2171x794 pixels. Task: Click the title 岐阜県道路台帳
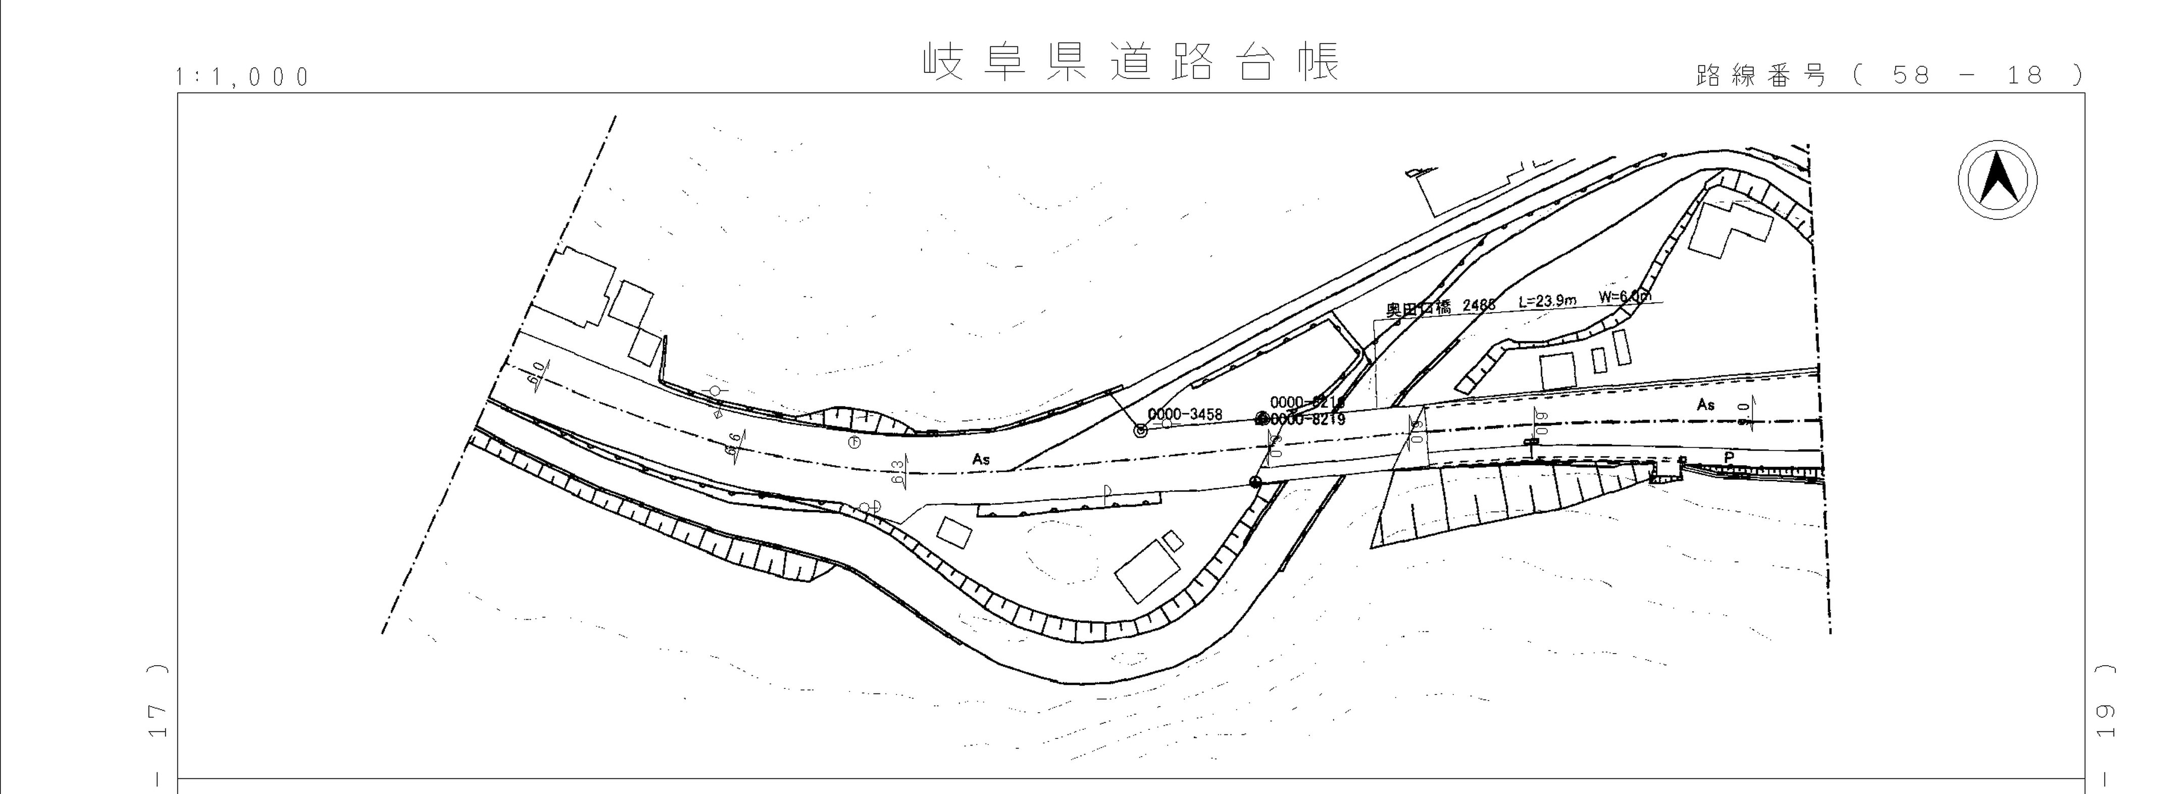pos(1131,62)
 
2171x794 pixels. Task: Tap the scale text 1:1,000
pos(243,78)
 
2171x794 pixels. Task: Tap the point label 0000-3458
pos(1185,415)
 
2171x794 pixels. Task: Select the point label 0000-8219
pos(1307,419)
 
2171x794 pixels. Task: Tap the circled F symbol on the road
pos(854,441)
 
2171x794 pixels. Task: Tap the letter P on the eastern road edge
pos(1729,458)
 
